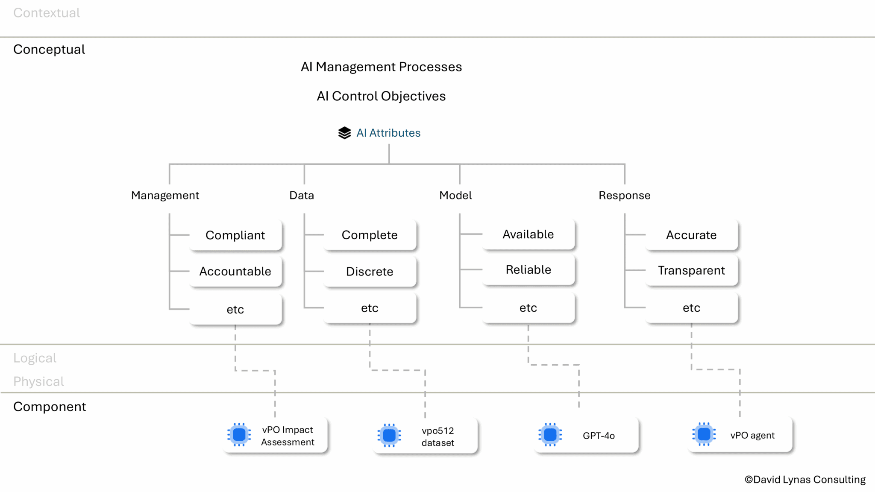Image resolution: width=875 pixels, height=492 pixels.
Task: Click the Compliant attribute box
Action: click(235, 235)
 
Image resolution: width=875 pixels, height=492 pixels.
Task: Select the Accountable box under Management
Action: click(235, 271)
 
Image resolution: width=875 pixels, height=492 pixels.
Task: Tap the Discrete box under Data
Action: click(370, 271)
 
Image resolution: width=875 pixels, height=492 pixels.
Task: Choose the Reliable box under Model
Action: click(529, 269)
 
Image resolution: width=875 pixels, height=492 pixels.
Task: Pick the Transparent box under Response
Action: click(691, 270)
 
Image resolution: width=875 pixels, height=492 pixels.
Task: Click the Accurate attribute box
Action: click(691, 235)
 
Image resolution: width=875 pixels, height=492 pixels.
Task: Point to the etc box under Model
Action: click(529, 307)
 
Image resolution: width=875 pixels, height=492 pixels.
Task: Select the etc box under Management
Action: click(235, 309)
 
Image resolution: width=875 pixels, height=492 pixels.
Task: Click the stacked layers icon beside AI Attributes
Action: click(344, 133)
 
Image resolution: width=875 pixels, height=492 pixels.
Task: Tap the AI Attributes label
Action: click(388, 133)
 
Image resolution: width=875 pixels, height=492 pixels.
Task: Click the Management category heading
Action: click(165, 195)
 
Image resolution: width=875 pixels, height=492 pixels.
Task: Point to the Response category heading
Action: click(624, 195)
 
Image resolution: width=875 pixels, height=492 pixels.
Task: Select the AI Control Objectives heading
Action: click(381, 96)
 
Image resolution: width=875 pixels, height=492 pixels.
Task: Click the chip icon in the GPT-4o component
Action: click(550, 435)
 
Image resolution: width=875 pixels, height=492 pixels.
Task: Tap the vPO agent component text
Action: click(752, 435)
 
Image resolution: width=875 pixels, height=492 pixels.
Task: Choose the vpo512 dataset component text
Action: click(437, 436)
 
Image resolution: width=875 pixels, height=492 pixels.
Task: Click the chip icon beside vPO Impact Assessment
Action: click(239, 435)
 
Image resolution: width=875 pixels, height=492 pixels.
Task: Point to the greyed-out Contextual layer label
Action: click(47, 13)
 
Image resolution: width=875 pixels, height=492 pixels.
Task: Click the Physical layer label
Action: click(38, 381)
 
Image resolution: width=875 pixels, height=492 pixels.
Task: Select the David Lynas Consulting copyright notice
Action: click(805, 480)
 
